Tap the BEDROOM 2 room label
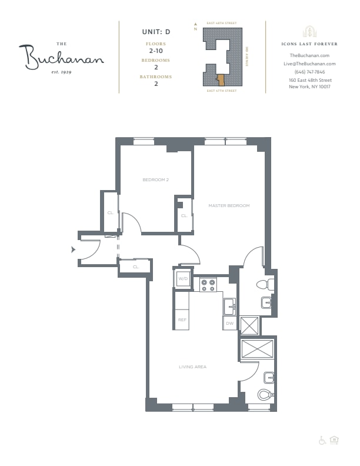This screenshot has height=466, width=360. [x=156, y=179]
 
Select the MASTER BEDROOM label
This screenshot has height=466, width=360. [x=229, y=205]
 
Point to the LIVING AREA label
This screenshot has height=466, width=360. [x=192, y=367]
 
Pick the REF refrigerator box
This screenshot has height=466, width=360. [x=182, y=319]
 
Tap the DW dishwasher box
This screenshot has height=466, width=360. [x=229, y=323]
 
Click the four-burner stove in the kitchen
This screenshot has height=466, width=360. [x=208, y=285]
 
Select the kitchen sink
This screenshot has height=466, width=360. [x=229, y=306]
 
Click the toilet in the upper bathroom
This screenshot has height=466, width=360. [x=264, y=285]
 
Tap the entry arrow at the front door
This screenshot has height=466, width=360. [x=74, y=250]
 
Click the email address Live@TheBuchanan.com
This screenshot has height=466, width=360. [x=309, y=64]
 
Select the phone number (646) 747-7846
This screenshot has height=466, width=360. [x=309, y=72]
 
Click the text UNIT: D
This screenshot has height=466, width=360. [x=156, y=31]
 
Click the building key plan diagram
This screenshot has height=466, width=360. [x=221, y=57]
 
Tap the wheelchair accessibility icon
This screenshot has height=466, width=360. [x=322, y=440]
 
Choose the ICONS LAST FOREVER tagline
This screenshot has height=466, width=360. [x=309, y=44]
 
